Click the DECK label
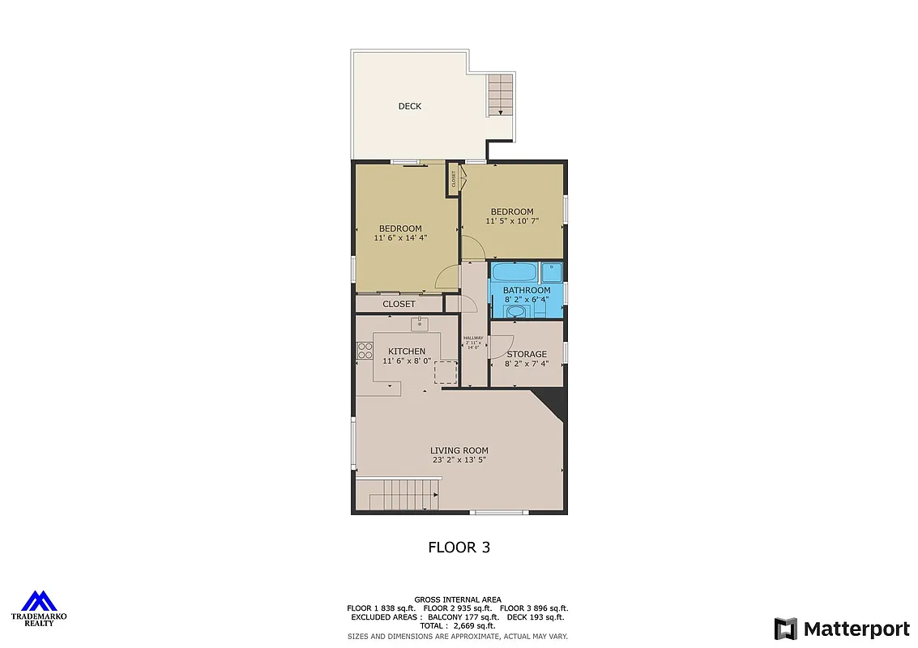[x=409, y=106]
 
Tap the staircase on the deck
[x=501, y=95]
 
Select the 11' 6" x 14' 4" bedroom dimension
[x=400, y=238]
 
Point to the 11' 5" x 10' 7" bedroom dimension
[x=512, y=221]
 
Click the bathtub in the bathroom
[x=515, y=271]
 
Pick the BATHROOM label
[x=526, y=290]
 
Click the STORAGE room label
[x=527, y=354]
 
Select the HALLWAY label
[x=473, y=338]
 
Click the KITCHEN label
[x=406, y=352]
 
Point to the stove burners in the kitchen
[x=365, y=351]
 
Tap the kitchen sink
[x=419, y=324]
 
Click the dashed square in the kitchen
[x=446, y=372]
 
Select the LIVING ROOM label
[x=459, y=450]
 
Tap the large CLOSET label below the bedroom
[x=399, y=304]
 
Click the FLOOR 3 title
[x=459, y=548]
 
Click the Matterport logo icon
[x=785, y=629]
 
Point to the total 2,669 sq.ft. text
[x=459, y=626]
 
